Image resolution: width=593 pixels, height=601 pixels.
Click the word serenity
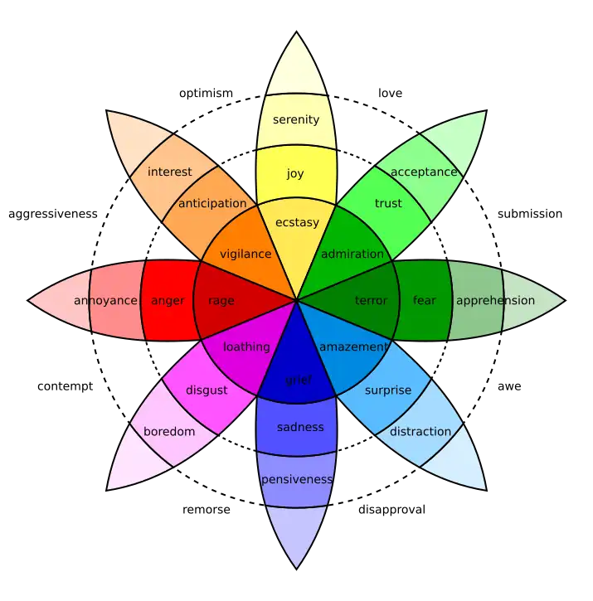[296, 119]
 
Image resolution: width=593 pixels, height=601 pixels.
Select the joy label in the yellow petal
[295, 173]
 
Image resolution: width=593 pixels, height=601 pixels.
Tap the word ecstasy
[296, 222]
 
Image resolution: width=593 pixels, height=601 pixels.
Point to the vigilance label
[245, 254]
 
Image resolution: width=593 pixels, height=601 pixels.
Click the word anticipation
[213, 203]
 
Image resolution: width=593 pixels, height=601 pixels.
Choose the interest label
[169, 172]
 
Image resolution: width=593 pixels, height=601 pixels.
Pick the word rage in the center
[221, 300]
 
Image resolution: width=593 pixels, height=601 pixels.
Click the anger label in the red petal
[168, 300]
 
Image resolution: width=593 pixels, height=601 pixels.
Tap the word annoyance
[105, 300]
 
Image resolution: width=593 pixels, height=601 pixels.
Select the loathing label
[246, 347]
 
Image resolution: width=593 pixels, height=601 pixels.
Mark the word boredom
[169, 431]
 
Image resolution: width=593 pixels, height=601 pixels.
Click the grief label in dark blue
[299, 380]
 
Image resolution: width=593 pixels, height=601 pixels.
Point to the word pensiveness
[296, 479]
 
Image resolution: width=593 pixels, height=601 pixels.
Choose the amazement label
[353, 347]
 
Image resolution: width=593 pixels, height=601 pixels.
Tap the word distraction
[420, 431]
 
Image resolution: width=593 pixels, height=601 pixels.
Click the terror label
[371, 300]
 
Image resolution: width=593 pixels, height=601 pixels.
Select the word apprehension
[495, 300]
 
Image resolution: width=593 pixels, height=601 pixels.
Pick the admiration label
[352, 254]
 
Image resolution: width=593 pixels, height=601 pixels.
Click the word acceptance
[424, 172]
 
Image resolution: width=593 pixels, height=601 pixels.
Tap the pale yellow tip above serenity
[296, 70]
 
